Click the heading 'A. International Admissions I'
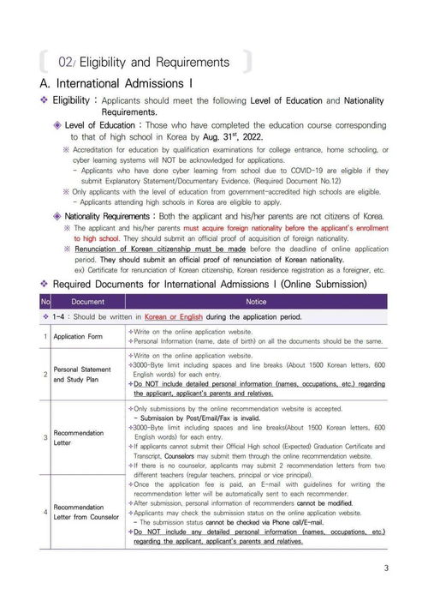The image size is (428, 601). [x=116, y=84]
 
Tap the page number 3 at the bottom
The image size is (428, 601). [x=386, y=568]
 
